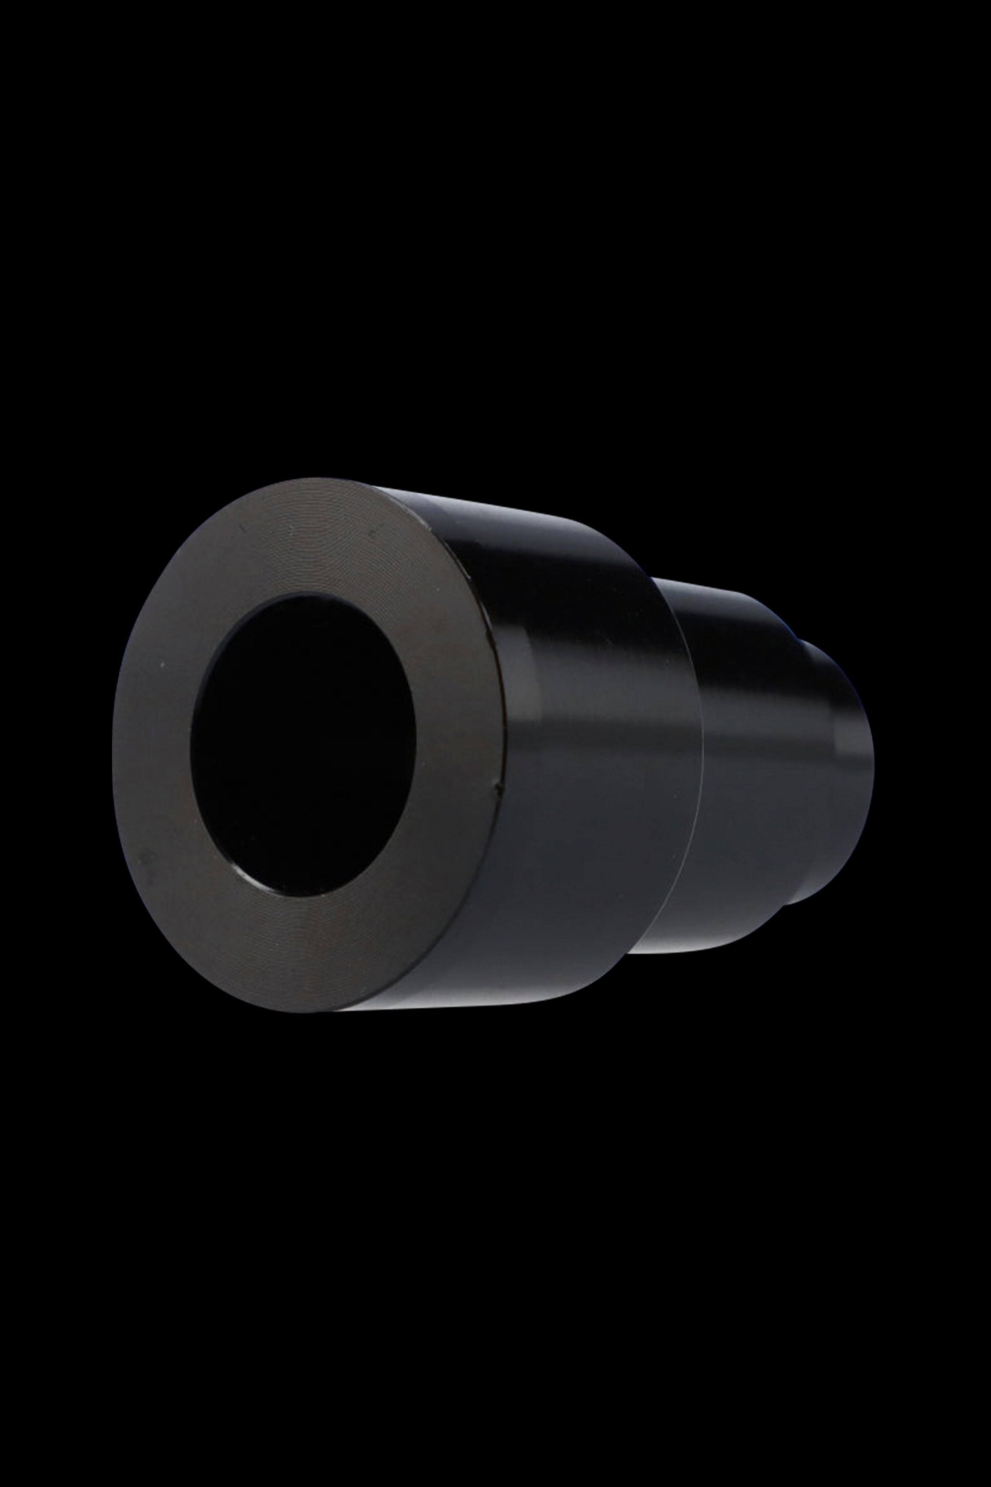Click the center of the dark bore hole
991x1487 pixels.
302,746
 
